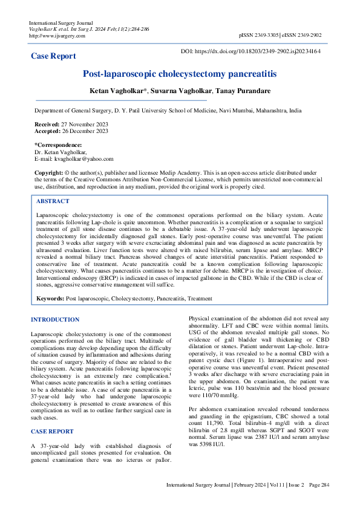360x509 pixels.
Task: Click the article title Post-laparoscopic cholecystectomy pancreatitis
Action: click(x=179, y=74)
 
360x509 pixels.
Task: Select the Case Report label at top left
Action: click(x=54, y=56)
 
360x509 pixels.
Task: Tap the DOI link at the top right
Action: click(x=260, y=53)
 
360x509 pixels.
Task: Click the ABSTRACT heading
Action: click(x=53, y=201)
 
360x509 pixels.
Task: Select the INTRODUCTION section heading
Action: click(x=54, y=319)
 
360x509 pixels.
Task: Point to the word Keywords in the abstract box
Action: click(x=50, y=299)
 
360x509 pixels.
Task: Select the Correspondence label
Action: click(x=58, y=145)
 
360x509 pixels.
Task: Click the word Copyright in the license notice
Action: click(x=48, y=173)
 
